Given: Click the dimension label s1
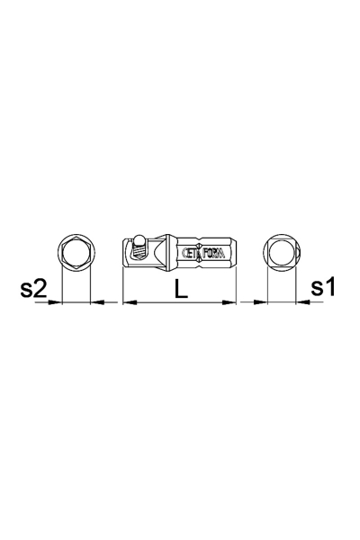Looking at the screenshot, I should (323, 288).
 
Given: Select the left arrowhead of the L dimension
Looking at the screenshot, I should (129, 302).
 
